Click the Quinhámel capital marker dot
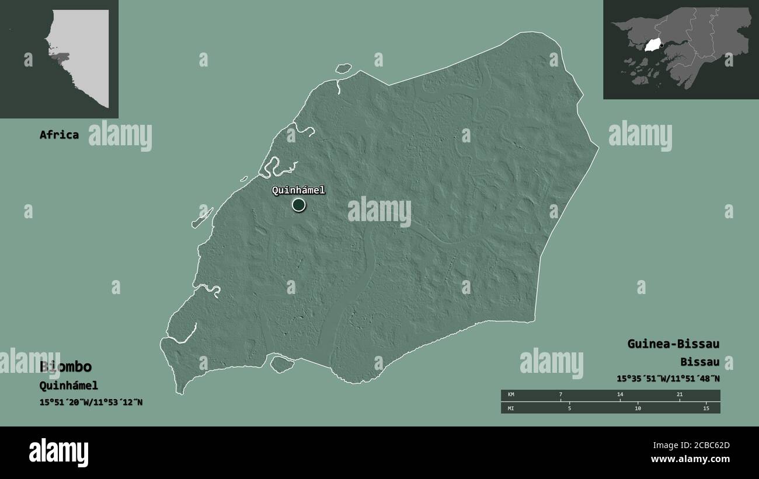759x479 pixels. [x=298, y=204]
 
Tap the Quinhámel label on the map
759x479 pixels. [x=298, y=190]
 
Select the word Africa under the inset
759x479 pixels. [x=59, y=135]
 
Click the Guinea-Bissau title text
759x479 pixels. [x=673, y=344]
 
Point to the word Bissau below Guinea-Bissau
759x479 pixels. [x=699, y=362]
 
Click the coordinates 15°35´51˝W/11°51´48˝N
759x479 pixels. [x=668, y=378]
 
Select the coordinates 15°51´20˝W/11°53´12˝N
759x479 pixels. [x=91, y=402]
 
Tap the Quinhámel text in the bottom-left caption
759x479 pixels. [x=68, y=385]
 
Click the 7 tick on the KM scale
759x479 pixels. [x=560, y=395]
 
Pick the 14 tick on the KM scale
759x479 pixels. [x=620, y=395]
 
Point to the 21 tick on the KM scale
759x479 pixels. [x=680, y=395]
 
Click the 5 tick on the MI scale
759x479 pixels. [x=569, y=408]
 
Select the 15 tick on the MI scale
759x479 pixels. [x=706, y=408]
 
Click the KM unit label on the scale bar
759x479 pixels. [x=511, y=395]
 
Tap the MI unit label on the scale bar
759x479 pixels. [x=511, y=408]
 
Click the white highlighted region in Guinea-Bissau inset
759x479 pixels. [x=652, y=45]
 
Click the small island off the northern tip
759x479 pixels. [x=344, y=68]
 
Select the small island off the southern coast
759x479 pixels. [x=281, y=365]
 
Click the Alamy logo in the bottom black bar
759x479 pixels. [x=58, y=452]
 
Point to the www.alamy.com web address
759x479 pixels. [x=690, y=459]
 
